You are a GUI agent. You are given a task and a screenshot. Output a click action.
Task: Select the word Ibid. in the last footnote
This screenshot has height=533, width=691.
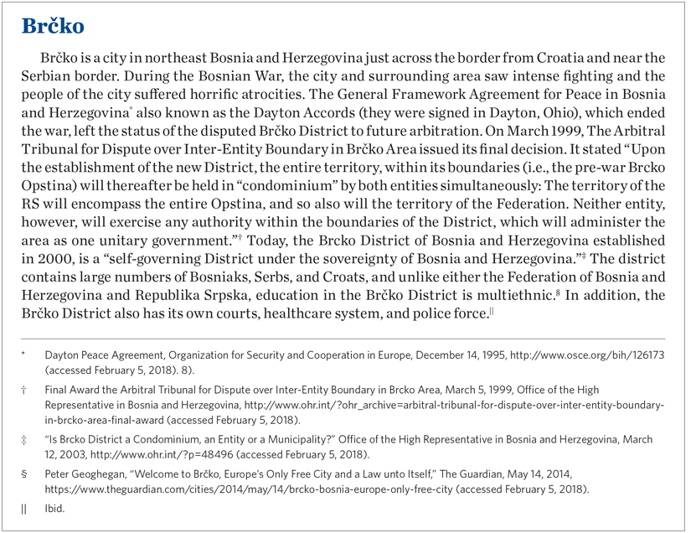[x=54, y=508]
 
